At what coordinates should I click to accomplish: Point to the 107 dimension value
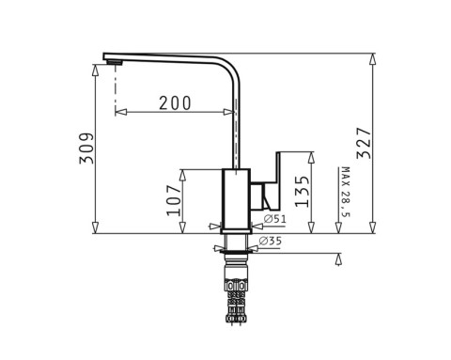coord(175,199)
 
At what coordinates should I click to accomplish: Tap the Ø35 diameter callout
coord(272,242)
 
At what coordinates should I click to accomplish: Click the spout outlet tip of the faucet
coord(114,63)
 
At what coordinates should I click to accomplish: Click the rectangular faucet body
coord(235,197)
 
